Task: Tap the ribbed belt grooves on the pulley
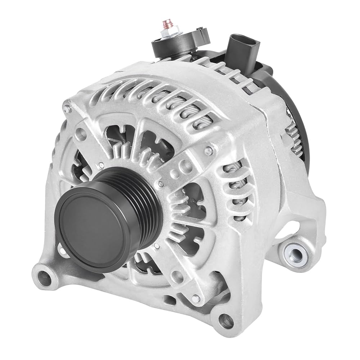[x=140, y=194]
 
